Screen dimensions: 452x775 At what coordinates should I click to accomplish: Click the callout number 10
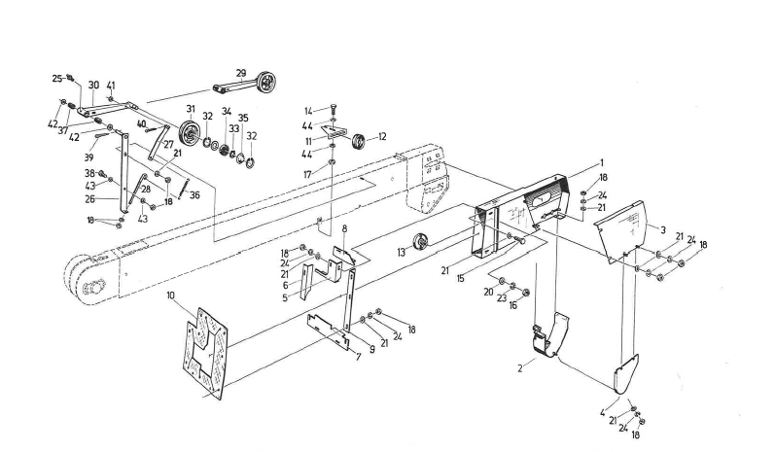(x=171, y=294)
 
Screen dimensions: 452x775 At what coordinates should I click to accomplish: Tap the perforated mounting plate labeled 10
(x=211, y=351)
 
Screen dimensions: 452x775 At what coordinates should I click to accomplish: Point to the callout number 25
(x=56, y=77)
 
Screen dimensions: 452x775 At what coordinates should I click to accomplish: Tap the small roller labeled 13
(x=421, y=243)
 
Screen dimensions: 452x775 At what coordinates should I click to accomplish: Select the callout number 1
(x=602, y=162)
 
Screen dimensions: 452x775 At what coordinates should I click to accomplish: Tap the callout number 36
(x=195, y=194)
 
